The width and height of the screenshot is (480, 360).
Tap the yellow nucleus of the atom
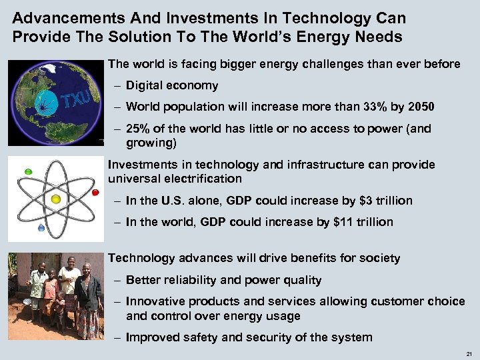coord(55,199)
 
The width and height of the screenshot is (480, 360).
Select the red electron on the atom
coord(95,193)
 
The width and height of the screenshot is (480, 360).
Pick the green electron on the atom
coord(28,171)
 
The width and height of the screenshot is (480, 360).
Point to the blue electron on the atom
coord(41,227)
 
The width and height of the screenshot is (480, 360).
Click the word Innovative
coord(153,302)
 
